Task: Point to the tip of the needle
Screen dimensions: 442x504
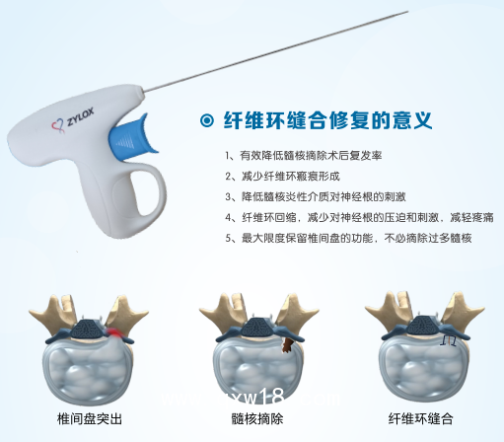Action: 405,13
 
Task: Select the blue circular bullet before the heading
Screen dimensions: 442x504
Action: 206,121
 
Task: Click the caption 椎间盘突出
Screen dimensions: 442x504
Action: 90,418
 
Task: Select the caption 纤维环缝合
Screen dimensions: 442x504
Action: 421,418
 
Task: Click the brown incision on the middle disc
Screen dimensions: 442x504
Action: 286,344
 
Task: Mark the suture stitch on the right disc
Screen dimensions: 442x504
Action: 450,338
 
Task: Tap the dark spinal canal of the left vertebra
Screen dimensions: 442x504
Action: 92,326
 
